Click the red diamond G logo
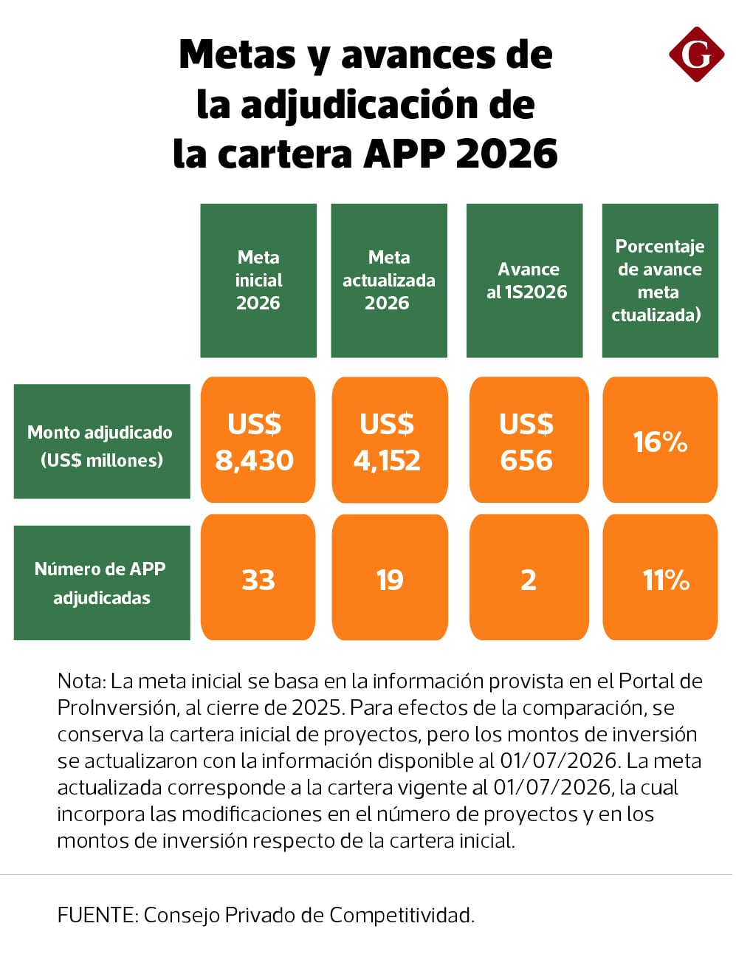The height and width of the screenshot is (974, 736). [697, 54]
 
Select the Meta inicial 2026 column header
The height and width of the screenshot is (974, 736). [258, 281]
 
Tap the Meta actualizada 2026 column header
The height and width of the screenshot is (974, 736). [389, 281]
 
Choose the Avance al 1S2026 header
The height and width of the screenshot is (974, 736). [524, 281]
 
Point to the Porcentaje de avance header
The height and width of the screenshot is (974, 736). [660, 281]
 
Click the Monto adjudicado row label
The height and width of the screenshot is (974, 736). [102, 442]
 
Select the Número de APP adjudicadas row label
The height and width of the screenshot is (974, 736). [102, 583]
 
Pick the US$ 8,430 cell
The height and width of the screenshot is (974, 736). [258, 440]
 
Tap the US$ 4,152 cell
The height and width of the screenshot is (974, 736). [390, 440]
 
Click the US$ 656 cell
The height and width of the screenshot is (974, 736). [529, 440]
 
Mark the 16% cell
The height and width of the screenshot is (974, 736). [660, 440]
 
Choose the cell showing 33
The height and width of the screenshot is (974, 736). [258, 577]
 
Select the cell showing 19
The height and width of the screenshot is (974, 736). [390, 577]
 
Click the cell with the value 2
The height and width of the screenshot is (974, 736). [529, 577]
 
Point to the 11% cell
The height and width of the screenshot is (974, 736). [660, 577]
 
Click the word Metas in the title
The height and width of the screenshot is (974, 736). [238, 55]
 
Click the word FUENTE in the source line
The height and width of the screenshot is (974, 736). [98, 915]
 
